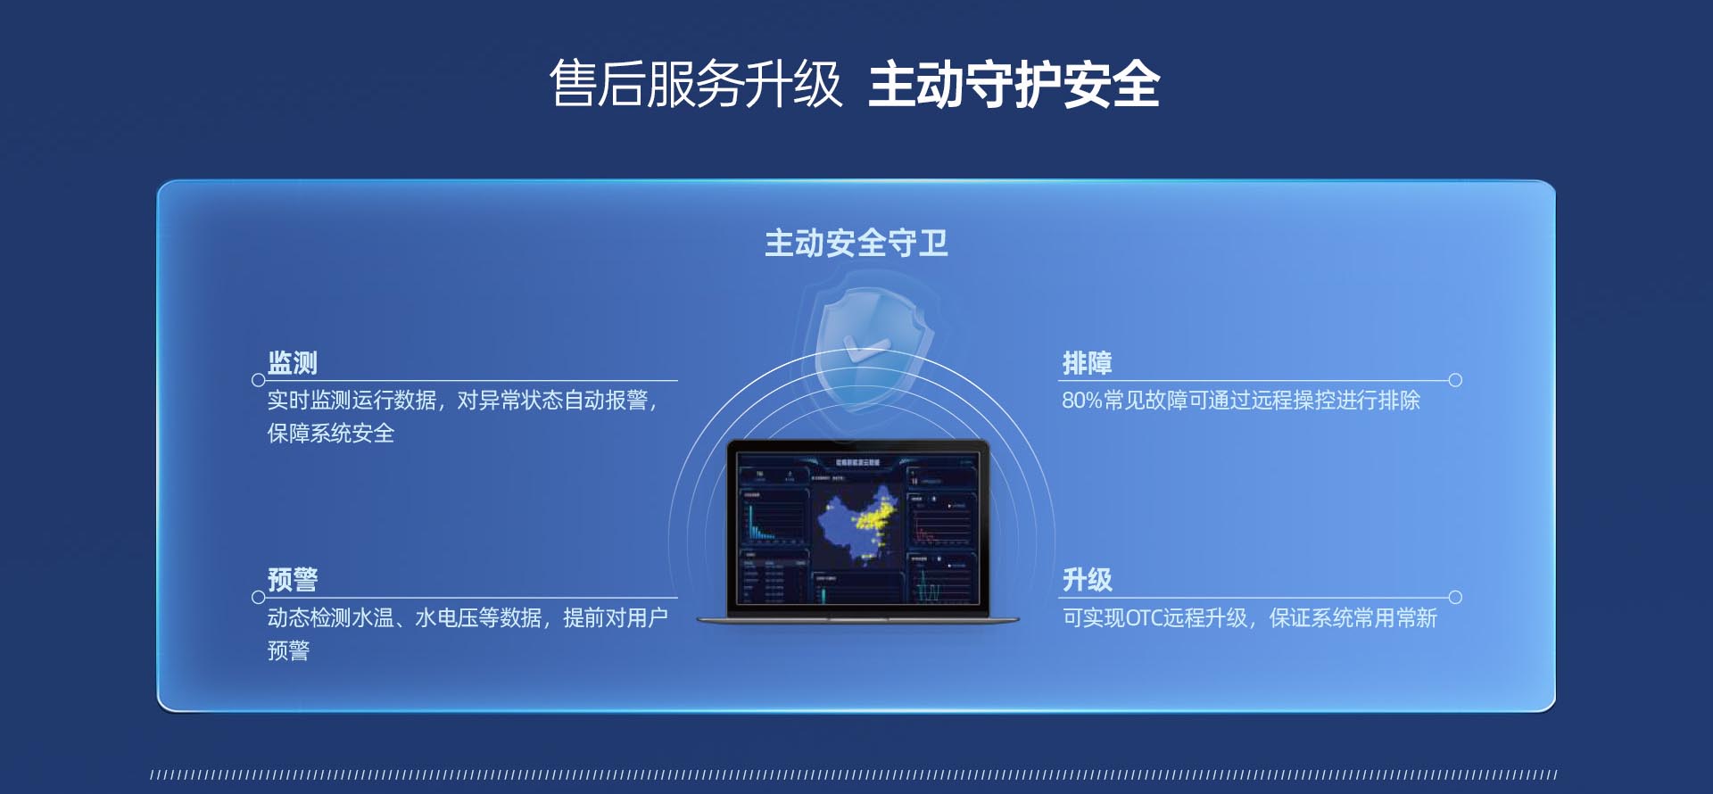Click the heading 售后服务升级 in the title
pos(695,85)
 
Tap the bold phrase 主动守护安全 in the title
pos(1014,85)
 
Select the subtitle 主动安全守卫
pos(856,243)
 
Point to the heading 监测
pos(293,363)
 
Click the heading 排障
pos(1087,363)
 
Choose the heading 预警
pos(293,580)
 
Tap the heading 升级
pos(1087,580)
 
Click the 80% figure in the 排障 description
pos(1081,401)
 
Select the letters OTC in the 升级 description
pos(1143,618)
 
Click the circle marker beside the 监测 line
pos(259,380)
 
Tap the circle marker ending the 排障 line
pos(1455,380)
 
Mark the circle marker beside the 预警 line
pos(259,597)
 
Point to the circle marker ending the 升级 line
pos(1455,597)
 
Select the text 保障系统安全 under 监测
pos(330,434)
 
